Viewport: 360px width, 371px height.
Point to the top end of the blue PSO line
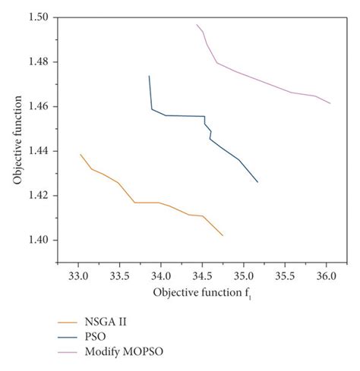149,76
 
